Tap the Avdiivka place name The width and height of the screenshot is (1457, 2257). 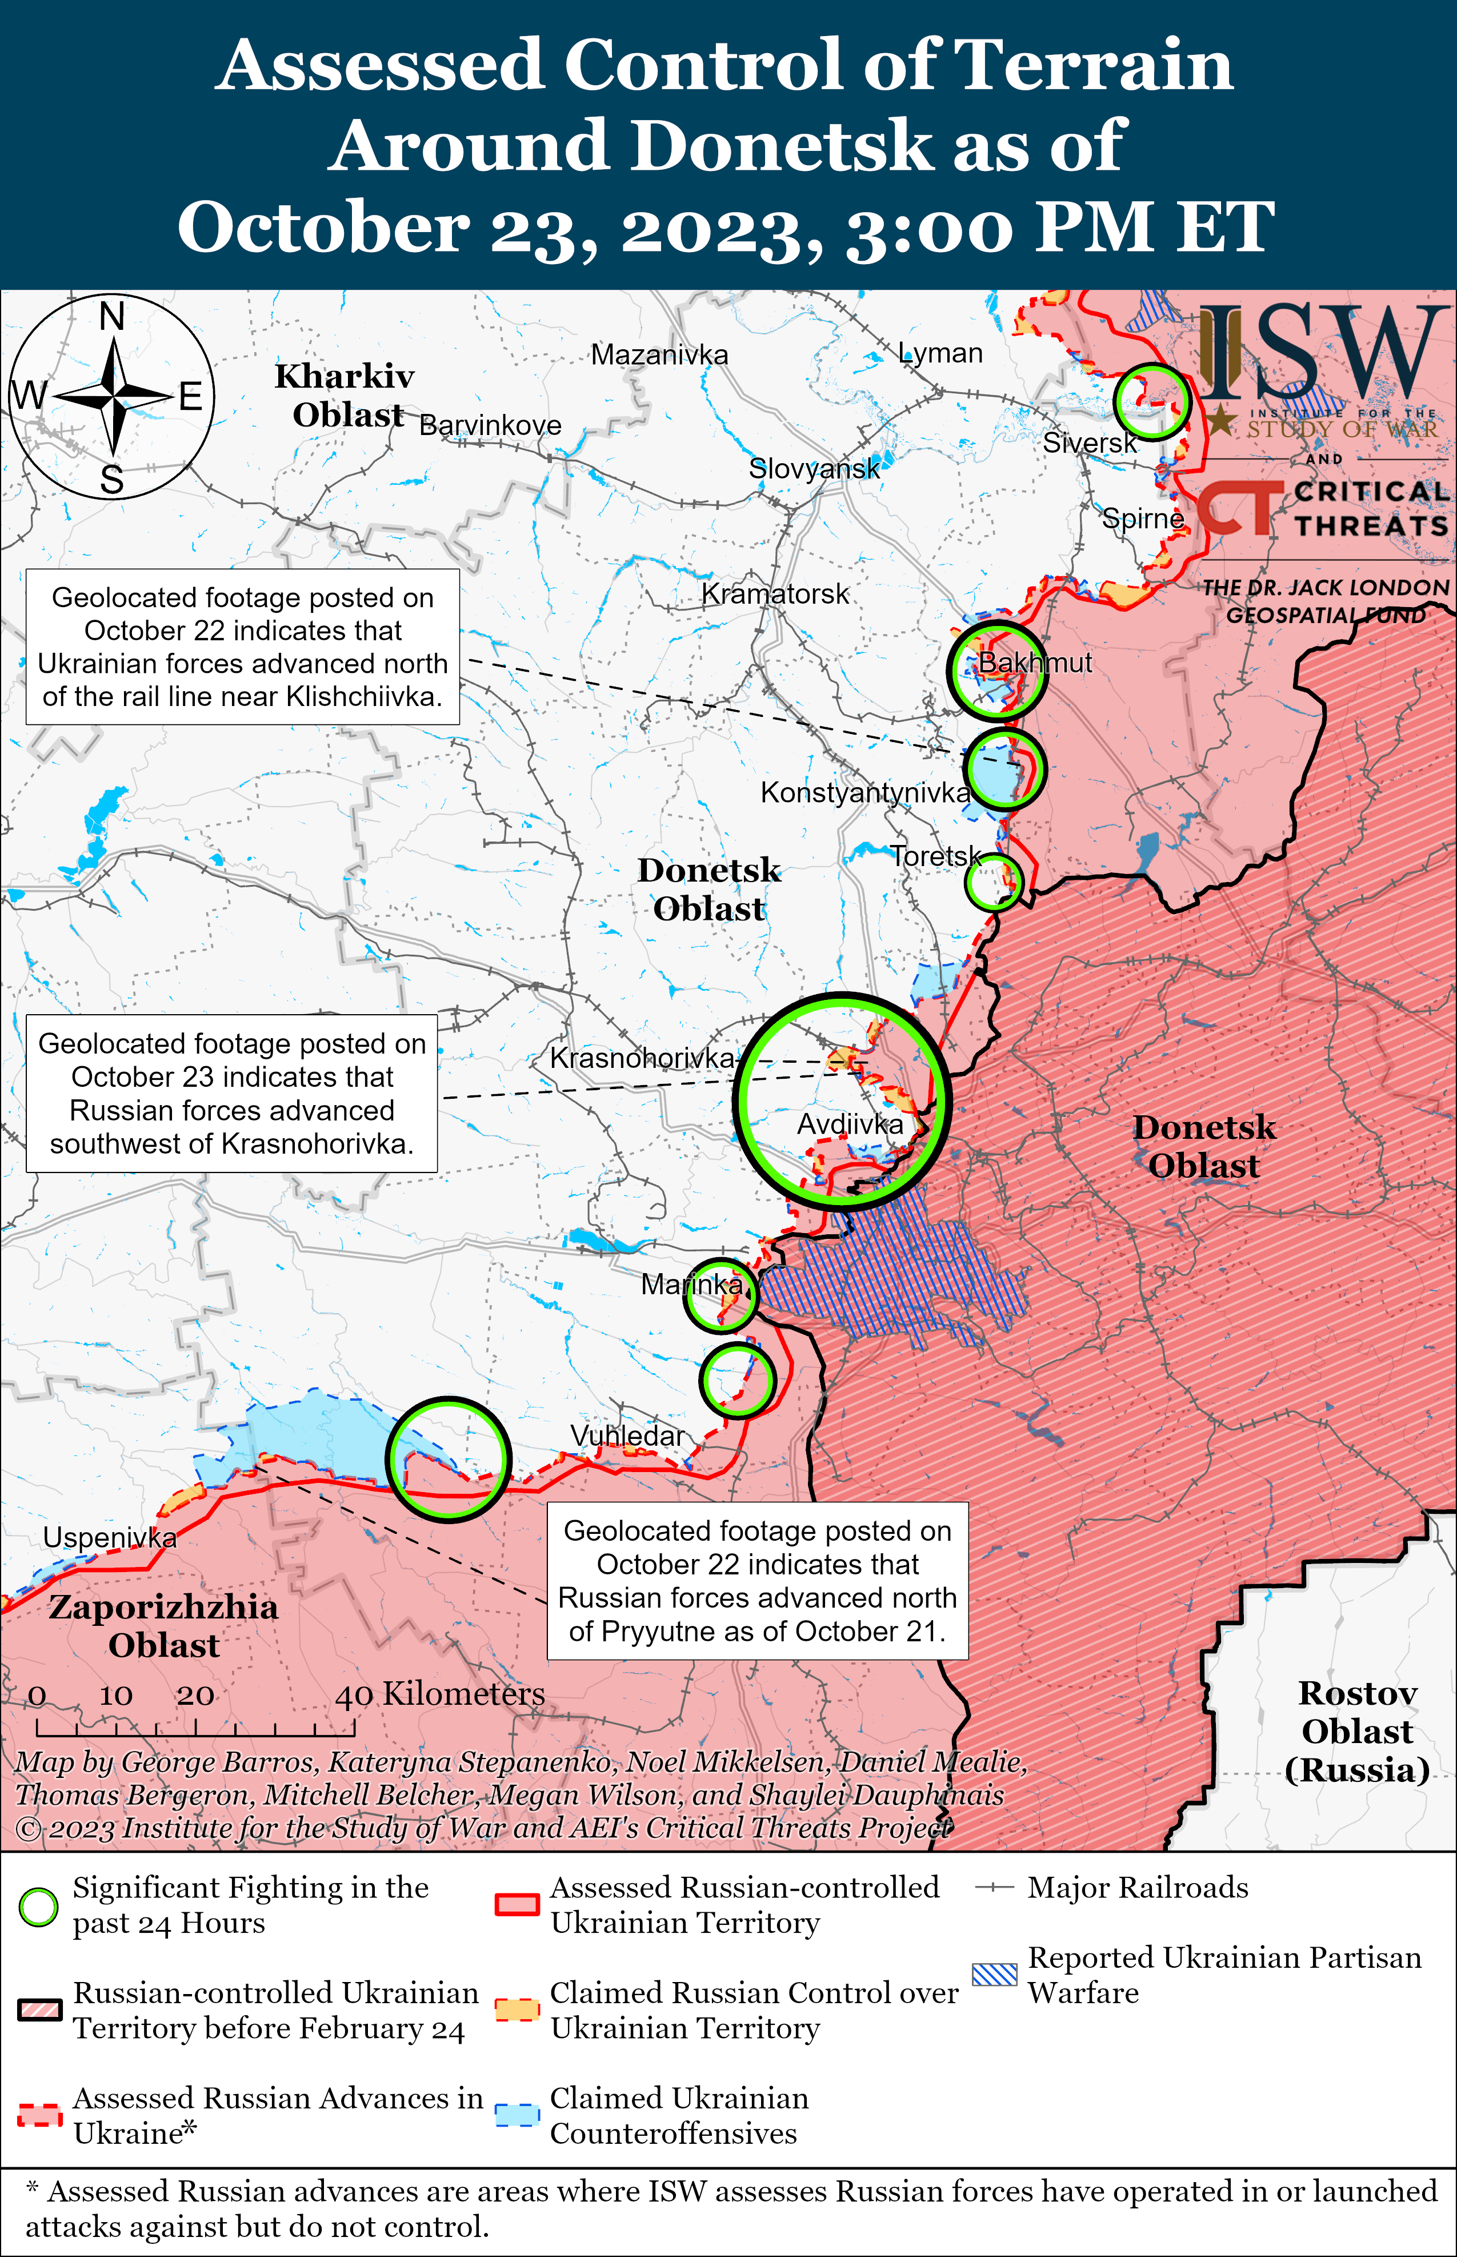tap(850, 1124)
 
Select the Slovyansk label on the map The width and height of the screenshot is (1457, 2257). tap(814, 468)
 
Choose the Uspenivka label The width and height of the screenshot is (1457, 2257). tap(110, 1538)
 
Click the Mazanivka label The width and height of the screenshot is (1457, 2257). tap(659, 355)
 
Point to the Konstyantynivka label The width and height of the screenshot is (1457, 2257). tap(864, 792)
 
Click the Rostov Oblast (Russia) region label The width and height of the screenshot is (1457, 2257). tap(1356, 1731)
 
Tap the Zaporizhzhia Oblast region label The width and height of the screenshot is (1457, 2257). tap(163, 1626)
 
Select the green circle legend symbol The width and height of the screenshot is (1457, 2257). tap(39, 1907)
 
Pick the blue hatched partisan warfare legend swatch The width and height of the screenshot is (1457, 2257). tap(994, 1974)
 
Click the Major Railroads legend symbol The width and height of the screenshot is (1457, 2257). tap(994, 1888)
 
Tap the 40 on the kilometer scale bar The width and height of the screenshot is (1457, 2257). tap(354, 1696)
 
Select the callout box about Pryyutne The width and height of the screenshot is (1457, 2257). tap(757, 1580)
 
